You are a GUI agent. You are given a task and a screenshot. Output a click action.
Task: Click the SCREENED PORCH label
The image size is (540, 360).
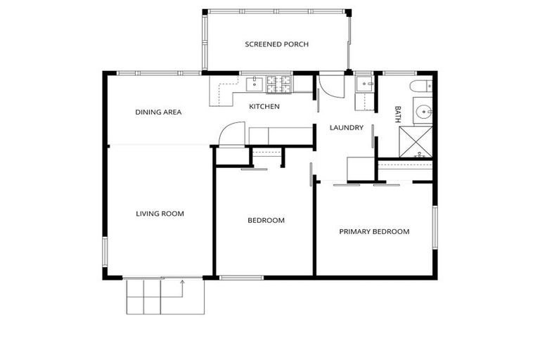pos(276,44)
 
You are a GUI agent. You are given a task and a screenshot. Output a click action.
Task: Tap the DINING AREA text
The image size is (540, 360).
pos(158,112)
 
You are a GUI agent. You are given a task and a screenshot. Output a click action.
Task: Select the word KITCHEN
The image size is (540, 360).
pos(264,107)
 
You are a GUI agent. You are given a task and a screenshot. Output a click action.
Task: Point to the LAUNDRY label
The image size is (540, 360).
pos(347,128)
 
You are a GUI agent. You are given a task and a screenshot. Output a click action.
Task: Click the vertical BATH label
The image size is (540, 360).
pos(398,115)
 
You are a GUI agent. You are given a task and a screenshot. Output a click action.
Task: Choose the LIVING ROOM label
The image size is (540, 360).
pos(160,214)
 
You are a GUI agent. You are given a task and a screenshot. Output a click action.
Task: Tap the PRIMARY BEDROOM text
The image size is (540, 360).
pos(374,231)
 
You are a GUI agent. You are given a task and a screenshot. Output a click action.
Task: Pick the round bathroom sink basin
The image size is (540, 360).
pos(423,113)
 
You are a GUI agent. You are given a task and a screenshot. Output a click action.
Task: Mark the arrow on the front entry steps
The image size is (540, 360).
pos(182,283)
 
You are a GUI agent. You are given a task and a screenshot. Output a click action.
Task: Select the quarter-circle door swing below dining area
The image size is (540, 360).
pos(232,134)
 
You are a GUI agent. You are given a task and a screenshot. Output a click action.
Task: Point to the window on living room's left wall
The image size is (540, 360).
pos(105,252)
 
